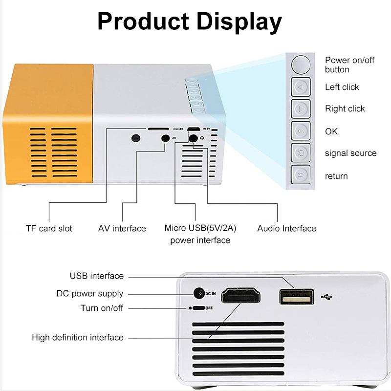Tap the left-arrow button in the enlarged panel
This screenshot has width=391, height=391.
point(301,87)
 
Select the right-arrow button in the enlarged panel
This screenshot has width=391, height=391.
point(301,109)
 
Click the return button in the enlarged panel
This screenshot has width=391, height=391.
point(301,174)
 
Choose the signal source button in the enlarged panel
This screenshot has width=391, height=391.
point(301,153)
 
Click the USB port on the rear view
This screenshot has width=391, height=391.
point(297,297)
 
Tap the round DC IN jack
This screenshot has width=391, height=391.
point(198,294)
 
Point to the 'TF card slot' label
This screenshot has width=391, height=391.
point(49,228)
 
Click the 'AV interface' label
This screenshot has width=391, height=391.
point(122,228)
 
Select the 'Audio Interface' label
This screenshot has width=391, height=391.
point(286,228)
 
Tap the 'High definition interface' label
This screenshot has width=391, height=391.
point(78,337)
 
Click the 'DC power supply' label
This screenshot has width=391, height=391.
point(90,294)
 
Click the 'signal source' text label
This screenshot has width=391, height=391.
point(350,153)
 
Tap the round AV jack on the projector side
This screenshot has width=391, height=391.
point(165,138)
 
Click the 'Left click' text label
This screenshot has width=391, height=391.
point(342,87)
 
